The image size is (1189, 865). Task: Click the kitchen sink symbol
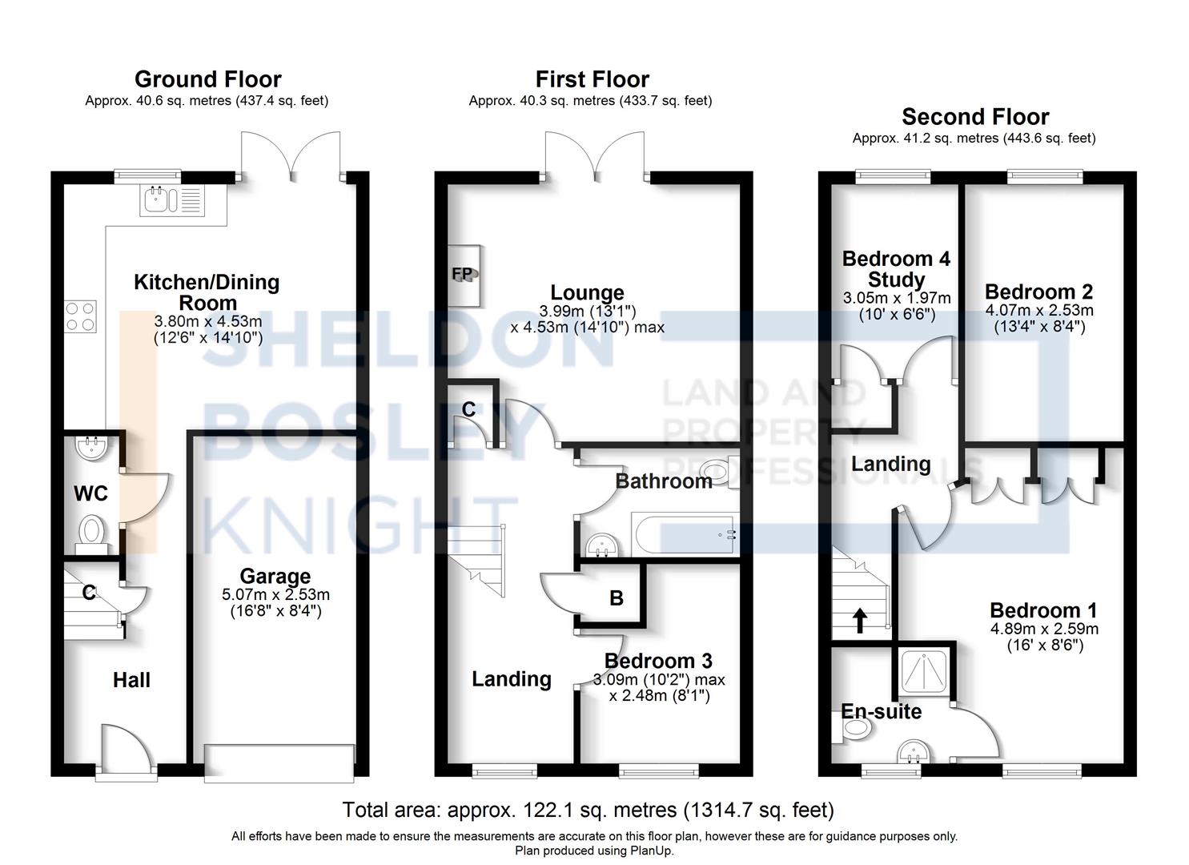coord(173,199)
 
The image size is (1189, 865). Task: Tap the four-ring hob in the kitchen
coord(80,315)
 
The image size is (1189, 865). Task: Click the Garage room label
coord(275,576)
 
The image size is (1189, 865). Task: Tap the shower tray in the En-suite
coord(924,670)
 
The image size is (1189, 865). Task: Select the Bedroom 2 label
coord(1038,292)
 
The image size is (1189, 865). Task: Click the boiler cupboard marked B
coord(615,597)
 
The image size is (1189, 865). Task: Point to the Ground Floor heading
coord(207,79)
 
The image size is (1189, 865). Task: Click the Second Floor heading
coord(974,117)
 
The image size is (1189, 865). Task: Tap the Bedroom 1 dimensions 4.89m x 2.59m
coord(1043,629)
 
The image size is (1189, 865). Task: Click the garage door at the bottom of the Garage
coord(279,762)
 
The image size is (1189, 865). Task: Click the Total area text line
coord(588,810)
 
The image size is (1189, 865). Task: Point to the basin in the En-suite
coord(912,753)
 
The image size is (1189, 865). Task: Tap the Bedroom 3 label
coord(658,661)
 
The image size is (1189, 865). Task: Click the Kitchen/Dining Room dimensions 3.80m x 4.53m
coord(207,321)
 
